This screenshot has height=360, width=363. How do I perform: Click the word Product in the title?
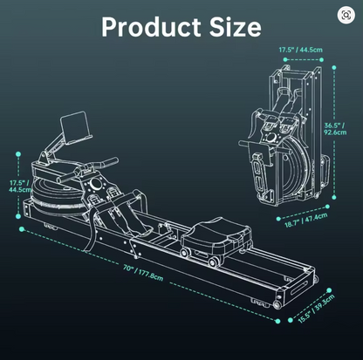pos(151,27)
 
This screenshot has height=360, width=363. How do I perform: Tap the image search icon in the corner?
pos(346,15)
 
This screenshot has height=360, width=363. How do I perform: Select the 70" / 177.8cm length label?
pos(143,272)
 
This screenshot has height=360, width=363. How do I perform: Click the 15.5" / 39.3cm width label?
pos(317,309)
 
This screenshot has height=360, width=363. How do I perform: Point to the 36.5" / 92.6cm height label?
pos(335,129)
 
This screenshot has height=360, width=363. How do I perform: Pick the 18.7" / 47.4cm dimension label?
pos(306,220)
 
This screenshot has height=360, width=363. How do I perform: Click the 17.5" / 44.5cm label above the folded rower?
pos(301,50)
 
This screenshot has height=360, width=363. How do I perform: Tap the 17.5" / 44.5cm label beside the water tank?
pos(20,187)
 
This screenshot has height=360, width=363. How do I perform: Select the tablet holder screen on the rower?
pos(75,127)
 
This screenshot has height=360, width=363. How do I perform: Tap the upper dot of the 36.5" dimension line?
pos(334,67)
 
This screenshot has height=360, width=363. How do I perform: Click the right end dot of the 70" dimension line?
pos(277,321)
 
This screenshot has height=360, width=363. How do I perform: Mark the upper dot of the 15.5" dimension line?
pos(329,290)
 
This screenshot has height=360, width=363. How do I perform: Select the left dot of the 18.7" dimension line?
pos(278,219)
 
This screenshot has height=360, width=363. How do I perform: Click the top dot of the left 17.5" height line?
pos(18,154)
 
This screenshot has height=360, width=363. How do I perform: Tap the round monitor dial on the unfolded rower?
pos(95,184)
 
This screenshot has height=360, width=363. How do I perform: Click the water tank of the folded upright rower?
pos(295,168)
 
